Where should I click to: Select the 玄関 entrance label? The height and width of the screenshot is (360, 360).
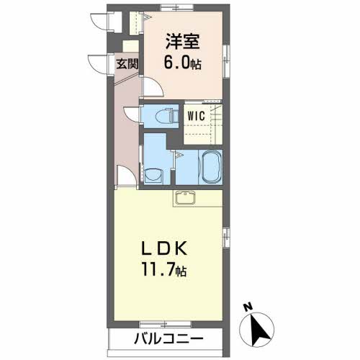tap(128, 63)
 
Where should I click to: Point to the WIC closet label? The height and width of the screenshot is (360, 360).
tap(196, 114)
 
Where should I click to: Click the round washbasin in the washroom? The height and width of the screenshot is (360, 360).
tap(153, 173)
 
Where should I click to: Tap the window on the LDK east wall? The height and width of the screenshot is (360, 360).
tap(225, 235)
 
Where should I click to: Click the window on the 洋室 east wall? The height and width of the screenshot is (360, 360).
tap(225, 53)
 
